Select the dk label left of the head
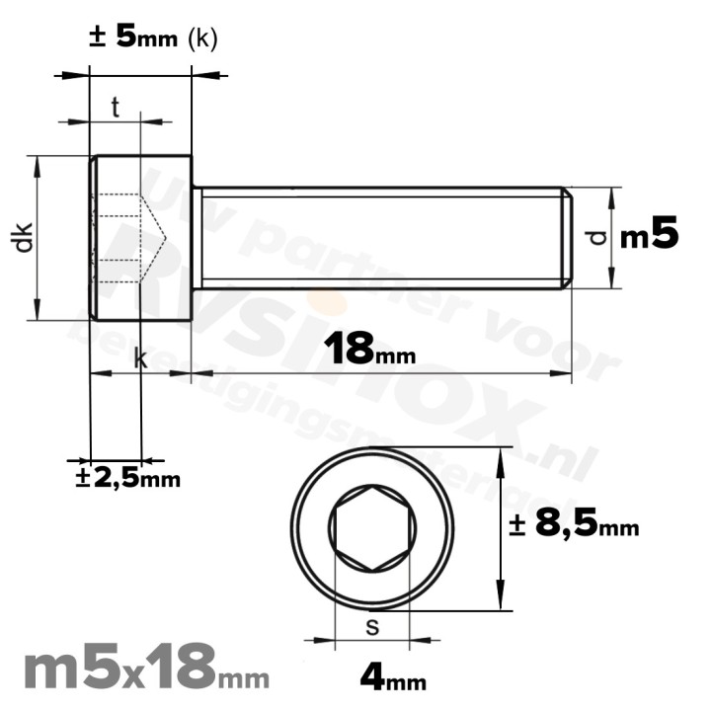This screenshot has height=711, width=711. pyautogui.click(x=25, y=237)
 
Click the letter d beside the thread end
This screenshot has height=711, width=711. pyautogui.click(x=592, y=237)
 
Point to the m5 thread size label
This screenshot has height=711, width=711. pyautogui.click(x=649, y=236)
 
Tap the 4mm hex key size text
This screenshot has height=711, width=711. pyautogui.click(x=393, y=678)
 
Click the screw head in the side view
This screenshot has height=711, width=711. pyautogui.click(x=140, y=237)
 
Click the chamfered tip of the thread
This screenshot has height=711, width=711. pyautogui.click(x=567, y=237)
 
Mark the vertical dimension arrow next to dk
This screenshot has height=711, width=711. pyautogui.click(x=39, y=237)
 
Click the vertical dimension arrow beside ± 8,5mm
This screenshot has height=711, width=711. pyautogui.click(x=504, y=528)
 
